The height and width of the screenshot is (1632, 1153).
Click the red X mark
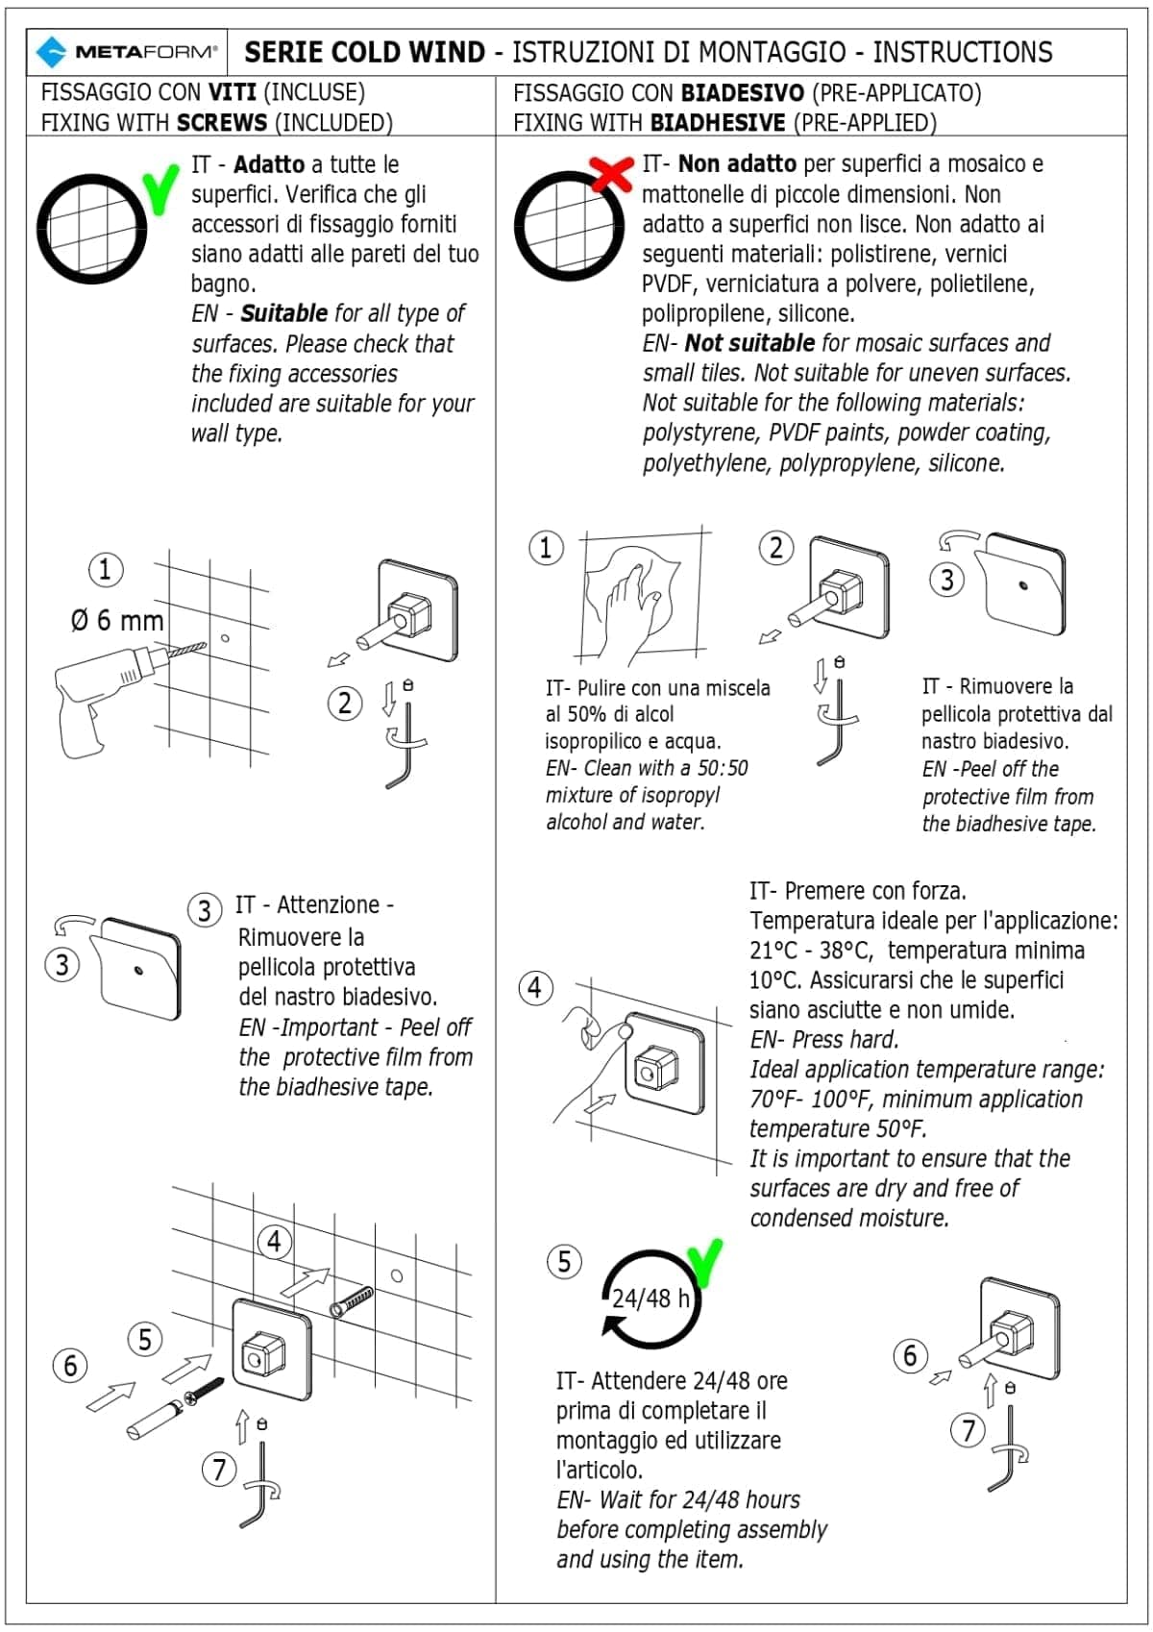pos(612,173)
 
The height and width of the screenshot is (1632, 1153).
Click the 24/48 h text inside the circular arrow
pos(650,1298)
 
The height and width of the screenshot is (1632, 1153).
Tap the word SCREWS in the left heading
pos(222,122)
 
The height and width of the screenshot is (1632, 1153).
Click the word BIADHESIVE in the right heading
pos(718,122)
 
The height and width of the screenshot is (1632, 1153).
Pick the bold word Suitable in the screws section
pos(284,313)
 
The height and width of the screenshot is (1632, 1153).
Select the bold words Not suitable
pos(749,342)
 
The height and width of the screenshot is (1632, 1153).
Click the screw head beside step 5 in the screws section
pos(193,1397)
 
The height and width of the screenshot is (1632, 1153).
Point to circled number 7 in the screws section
pos(219,1469)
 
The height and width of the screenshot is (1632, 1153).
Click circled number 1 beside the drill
pos(106,569)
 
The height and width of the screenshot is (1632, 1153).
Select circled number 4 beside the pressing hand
pos(535,988)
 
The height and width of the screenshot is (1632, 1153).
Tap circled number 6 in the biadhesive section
pos(911,1356)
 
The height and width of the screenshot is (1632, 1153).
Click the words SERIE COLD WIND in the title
pos(364,52)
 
